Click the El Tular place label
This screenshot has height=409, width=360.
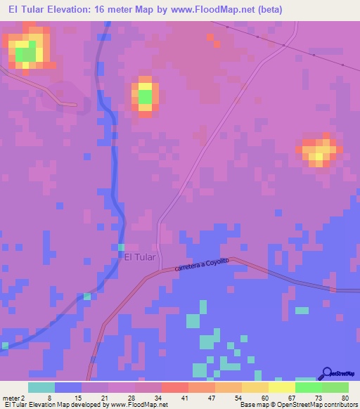139,257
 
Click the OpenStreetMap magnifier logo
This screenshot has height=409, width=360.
328,372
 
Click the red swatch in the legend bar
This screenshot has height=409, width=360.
174,387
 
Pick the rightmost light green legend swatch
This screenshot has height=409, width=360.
335,387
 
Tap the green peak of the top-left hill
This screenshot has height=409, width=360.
25,53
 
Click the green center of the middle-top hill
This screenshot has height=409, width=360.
145,96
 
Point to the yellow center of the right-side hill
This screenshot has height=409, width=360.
320,151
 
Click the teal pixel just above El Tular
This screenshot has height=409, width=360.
122,247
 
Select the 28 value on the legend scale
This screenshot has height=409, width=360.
112,398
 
